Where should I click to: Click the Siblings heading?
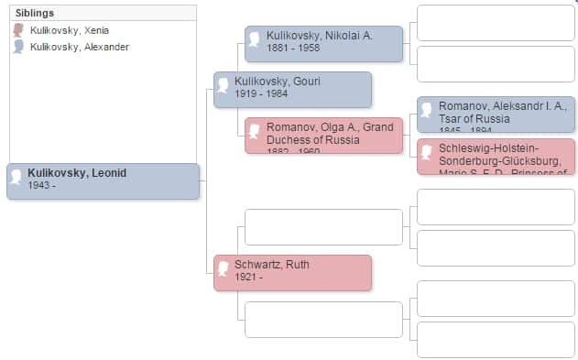click(x=36, y=14)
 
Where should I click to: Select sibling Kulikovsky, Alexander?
click(x=79, y=47)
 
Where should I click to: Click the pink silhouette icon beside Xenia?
click(x=18, y=30)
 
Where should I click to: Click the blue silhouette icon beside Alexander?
click(x=18, y=47)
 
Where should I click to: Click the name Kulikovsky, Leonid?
click(x=77, y=173)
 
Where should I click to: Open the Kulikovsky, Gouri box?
click(x=292, y=90)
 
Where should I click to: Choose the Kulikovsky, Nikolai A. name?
click(x=320, y=36)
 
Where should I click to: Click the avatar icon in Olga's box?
click(x=255, y=132)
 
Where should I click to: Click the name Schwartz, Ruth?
click(x=272, y=265)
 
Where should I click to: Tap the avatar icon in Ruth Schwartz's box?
click(x=223, y=269)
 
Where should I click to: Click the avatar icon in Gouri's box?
click(x=223, y=86)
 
